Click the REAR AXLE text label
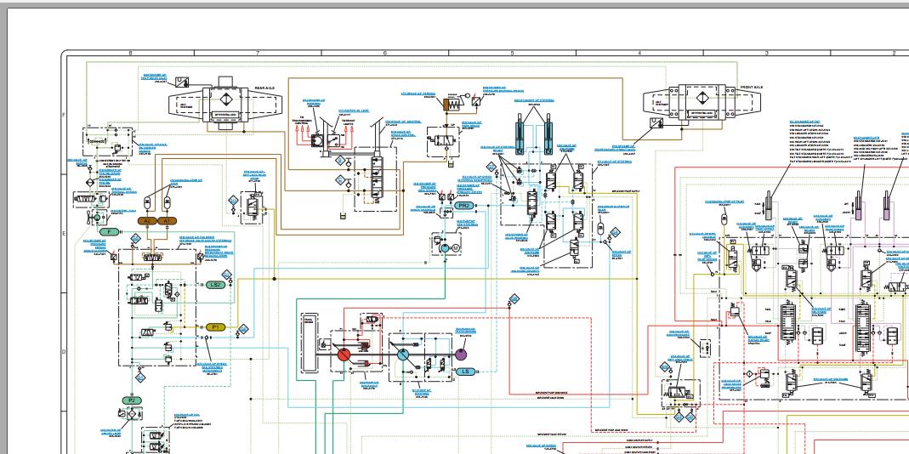264,88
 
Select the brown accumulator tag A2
146,220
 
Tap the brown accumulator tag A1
167,220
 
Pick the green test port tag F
109,231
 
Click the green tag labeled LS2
215,285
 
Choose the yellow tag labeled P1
215,326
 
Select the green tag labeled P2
131,400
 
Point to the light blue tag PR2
464,206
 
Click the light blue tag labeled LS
464,372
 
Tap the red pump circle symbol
344,355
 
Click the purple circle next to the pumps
462,354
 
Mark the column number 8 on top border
130,54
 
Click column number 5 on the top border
512,54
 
